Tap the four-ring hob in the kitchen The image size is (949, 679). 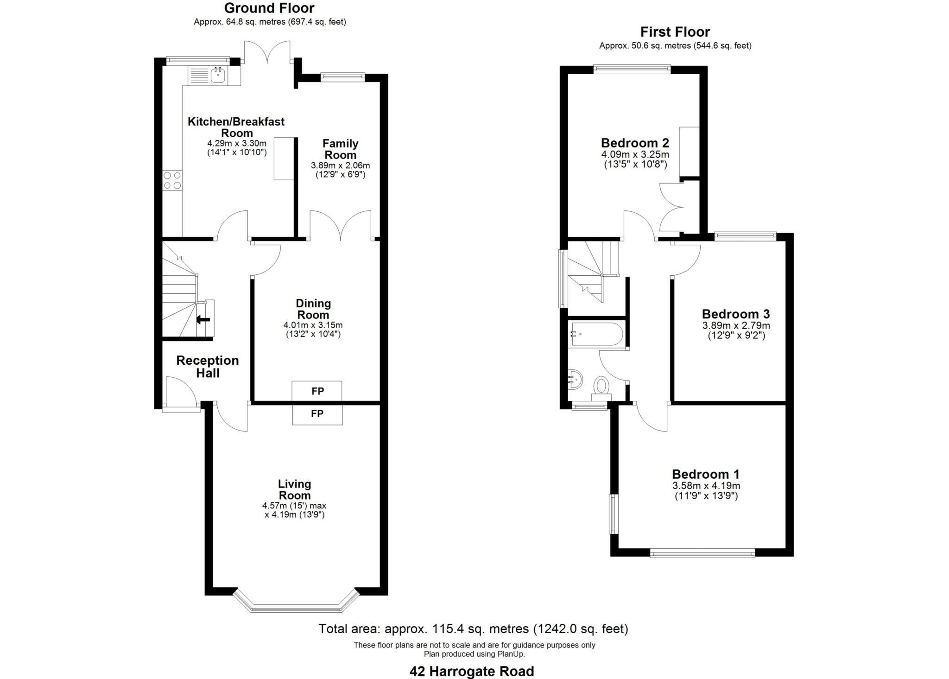[172, 180]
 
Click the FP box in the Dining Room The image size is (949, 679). [317, 391]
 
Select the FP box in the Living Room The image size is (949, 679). [317, 413]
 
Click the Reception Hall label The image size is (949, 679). [207, 367]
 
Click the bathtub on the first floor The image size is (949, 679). [596, 334]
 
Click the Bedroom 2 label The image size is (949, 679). [634, 143]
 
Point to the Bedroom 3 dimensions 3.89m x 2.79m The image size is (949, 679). [736, 326]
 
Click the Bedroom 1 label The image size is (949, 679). [705, 474]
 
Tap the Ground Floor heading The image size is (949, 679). [269, 8]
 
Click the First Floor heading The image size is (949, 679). [675, 32]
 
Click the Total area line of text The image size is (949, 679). [473, 629]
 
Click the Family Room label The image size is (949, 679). [340, 149]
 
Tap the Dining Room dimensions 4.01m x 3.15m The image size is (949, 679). [313, 325]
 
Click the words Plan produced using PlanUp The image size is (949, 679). [474, 654]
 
